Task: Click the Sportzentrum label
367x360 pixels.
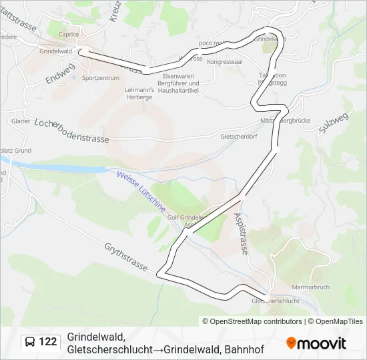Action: (100, 78)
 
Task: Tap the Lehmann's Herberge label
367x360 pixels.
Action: (140, 93)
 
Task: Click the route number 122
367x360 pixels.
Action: (47, 342)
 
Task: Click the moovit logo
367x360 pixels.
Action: (316, 343)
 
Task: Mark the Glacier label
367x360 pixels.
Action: (20, 121)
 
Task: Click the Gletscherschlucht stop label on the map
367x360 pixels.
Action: (276, 301)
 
